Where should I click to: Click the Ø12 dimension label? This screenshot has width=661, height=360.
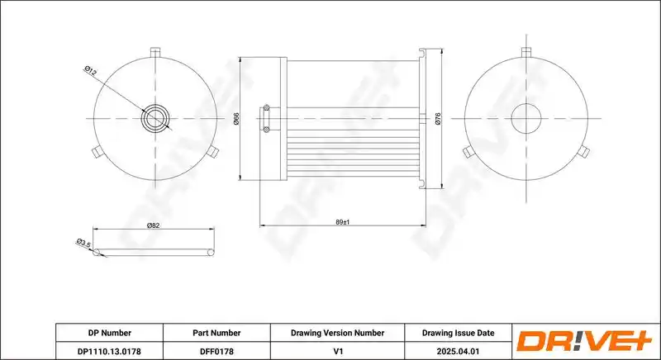click(90, 71)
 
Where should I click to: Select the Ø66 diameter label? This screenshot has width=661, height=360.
click(236, 119)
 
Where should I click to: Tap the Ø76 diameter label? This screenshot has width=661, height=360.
click(438, 119)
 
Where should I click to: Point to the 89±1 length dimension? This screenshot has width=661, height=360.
click(343, 222)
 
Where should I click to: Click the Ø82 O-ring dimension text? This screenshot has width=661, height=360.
click(153, 225)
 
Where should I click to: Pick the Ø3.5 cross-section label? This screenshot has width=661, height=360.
click(83, 243)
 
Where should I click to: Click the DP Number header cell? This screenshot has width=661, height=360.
click(110, 333)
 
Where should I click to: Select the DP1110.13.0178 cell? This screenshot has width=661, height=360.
click(109, 351)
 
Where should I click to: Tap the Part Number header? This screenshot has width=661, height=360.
click(216, 333)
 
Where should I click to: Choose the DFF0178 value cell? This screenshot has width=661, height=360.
click(216, 351)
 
